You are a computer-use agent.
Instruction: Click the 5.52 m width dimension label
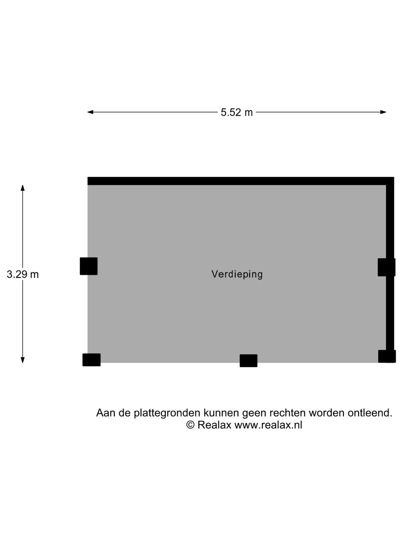[x=237, y=113]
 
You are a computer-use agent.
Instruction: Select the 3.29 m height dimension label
[x=23, y=274]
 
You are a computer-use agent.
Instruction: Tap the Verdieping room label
[x=237, y=274]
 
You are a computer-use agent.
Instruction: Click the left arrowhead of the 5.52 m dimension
[x=90, y=112]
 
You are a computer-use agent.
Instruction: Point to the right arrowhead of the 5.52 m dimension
[x=383, y=112]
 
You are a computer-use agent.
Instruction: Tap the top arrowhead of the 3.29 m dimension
[x=22, y=188]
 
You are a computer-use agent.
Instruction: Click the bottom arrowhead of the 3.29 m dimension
[x=22, y=360]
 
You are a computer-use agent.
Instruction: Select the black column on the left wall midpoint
[x=88, y=266]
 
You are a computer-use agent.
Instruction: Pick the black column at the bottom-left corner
[x=91, y=360]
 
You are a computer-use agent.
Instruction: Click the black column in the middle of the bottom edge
[x=249, y=361]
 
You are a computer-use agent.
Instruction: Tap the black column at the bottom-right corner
[x=387, y=357]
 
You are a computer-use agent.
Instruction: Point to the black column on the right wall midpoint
[x=386, y=267]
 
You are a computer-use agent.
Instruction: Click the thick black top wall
[x=241, y=181]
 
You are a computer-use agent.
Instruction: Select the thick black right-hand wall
[x=390, y=269]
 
